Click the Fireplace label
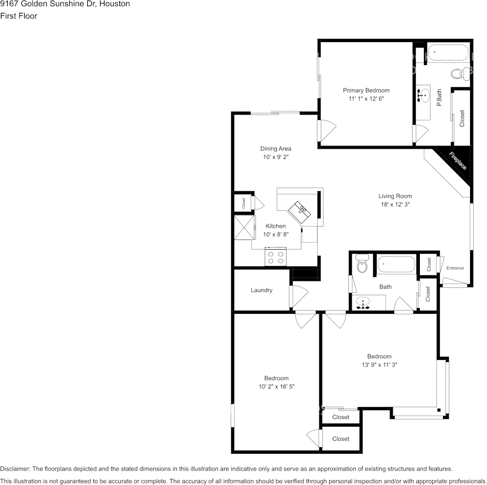coord(458,161)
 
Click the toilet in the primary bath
coord(457,74)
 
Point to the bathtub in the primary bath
coord(448,53)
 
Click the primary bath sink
coord(423,95)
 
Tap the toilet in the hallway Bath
coord(362,265)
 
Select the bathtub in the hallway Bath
coord(396,265)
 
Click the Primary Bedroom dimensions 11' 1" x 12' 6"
coord(366,98)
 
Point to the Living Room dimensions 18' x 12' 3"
coord(395,204)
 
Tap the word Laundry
coord(261,290)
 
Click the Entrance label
coord(455,268)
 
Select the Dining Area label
coord(275,149)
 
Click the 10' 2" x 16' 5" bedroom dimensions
coord(276,387)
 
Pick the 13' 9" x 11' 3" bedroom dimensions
coord(379,365)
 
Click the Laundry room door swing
coord(298,296)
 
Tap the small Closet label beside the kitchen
coord(244,203)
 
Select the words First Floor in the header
coord(19,16)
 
